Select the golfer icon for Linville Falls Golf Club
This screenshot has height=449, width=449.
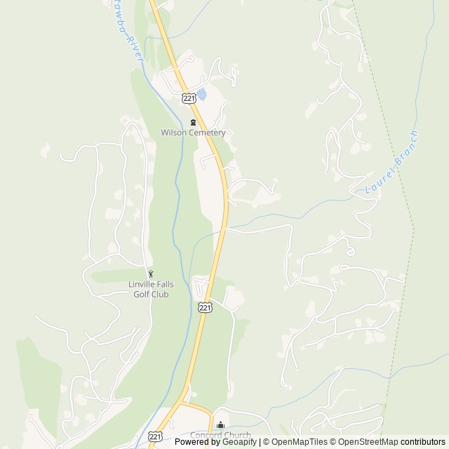tap(149, 274)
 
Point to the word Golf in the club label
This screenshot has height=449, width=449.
tap(142, 294)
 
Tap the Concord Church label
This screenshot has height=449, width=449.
tap(220, 435)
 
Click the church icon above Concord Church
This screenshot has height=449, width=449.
tap(220, 425)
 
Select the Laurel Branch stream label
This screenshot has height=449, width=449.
tap(391, 163)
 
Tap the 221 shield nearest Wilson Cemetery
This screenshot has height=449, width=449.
tap(187, 98)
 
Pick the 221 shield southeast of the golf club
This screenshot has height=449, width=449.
tap(203, 307)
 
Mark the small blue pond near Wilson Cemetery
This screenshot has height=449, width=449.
tap(202, 93)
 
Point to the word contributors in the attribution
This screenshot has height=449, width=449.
tap(423, 442)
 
